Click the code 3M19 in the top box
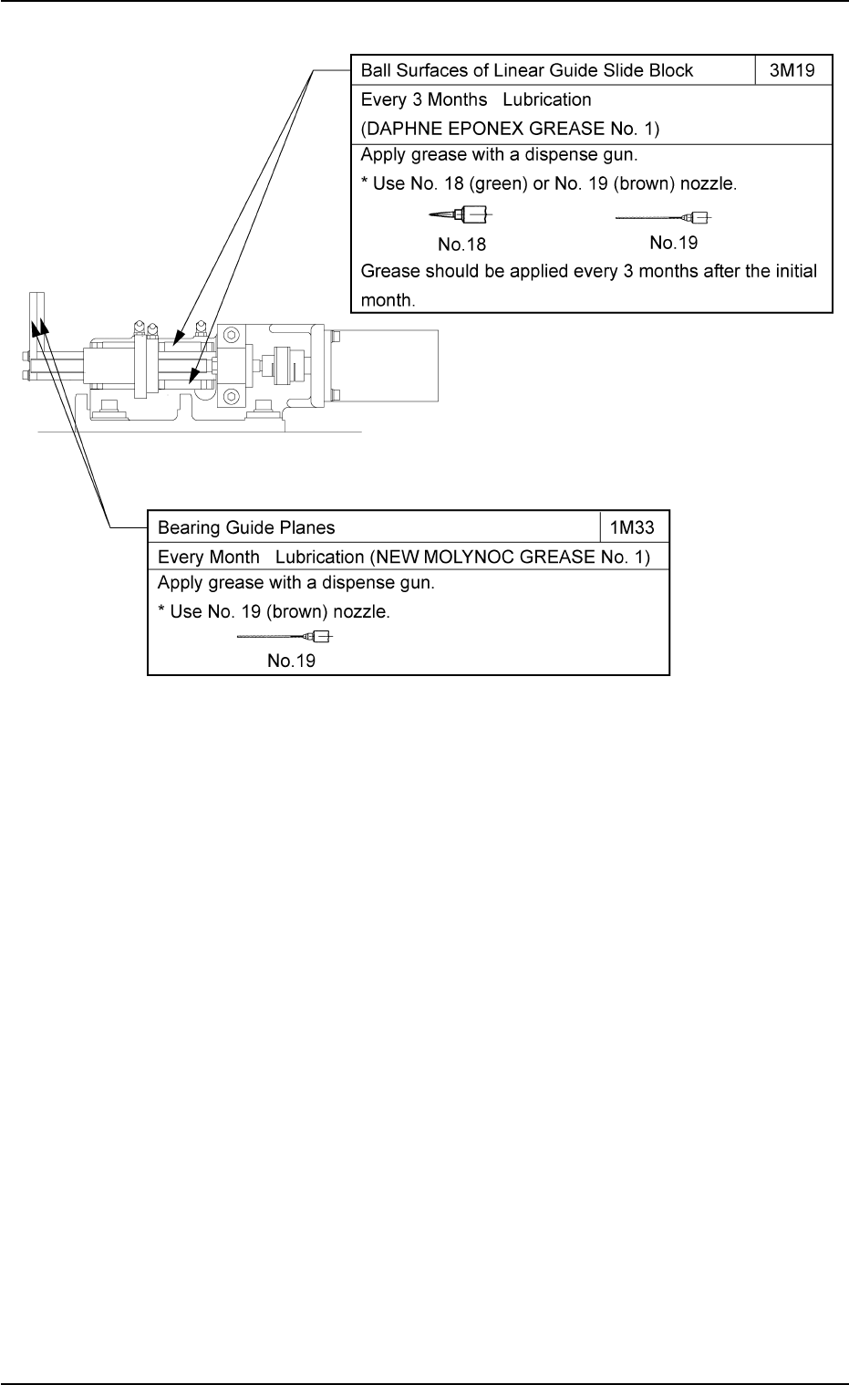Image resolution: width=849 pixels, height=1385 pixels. click(x=793, y=70)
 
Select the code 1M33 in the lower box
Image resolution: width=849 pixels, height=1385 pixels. click(x=634, y=527)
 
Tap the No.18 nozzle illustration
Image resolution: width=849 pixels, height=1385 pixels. click(x=461, y=216)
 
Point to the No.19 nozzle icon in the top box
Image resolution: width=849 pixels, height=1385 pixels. click(x=663, y=218)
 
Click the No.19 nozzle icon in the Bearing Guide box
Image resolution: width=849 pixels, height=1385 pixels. click(x=285, y=636)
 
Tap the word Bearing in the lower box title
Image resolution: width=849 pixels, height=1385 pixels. click(x=188, y=527)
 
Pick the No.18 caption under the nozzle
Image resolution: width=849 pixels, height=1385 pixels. click(x=461, y=245)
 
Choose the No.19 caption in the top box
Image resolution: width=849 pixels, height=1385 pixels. click(x=674, y=243)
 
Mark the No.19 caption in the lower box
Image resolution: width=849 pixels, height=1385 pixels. click(x=292, y=661)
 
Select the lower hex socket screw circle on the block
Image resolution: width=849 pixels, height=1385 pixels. click(x=231, y=396)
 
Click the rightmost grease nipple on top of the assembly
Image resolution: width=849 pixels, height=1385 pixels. click(x=201, y=325)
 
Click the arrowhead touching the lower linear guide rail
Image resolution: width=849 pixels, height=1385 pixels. click(x=192, y=374)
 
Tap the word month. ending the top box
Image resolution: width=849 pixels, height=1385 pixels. click(x=388, y=299)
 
